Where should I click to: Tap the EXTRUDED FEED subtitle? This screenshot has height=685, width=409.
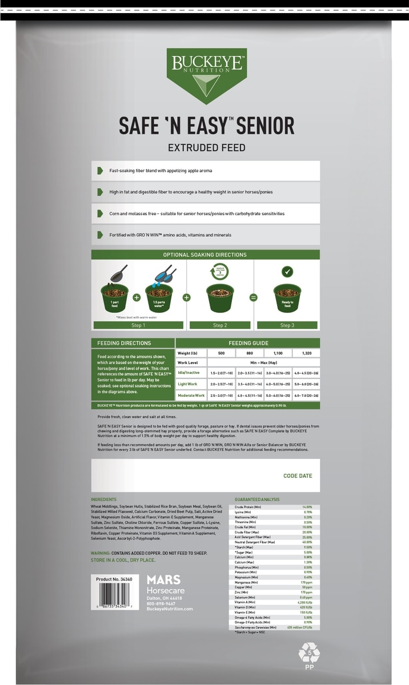click(206, 148)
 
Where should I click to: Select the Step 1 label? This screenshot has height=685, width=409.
click(138, 325)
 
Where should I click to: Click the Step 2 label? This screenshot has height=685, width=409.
click(219, 325)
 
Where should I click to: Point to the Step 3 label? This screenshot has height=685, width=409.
click(287, 325)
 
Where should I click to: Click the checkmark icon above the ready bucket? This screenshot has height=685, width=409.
click(287, 272)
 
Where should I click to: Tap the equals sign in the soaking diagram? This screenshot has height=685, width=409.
click(254, 297)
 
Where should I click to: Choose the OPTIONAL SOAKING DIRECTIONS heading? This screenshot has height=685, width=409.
click(205, 255)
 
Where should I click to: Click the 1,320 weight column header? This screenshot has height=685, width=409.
click(306, 353)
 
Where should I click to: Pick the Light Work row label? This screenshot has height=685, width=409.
click(188, 384)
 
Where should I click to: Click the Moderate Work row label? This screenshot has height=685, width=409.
click(191, 395)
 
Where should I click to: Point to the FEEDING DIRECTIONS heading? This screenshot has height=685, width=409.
click(124, 343)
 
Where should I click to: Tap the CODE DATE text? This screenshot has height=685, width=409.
click(298, 476)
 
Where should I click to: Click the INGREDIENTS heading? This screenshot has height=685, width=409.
click(103, 499)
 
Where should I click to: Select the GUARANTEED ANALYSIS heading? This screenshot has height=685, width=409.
click(257, 499)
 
